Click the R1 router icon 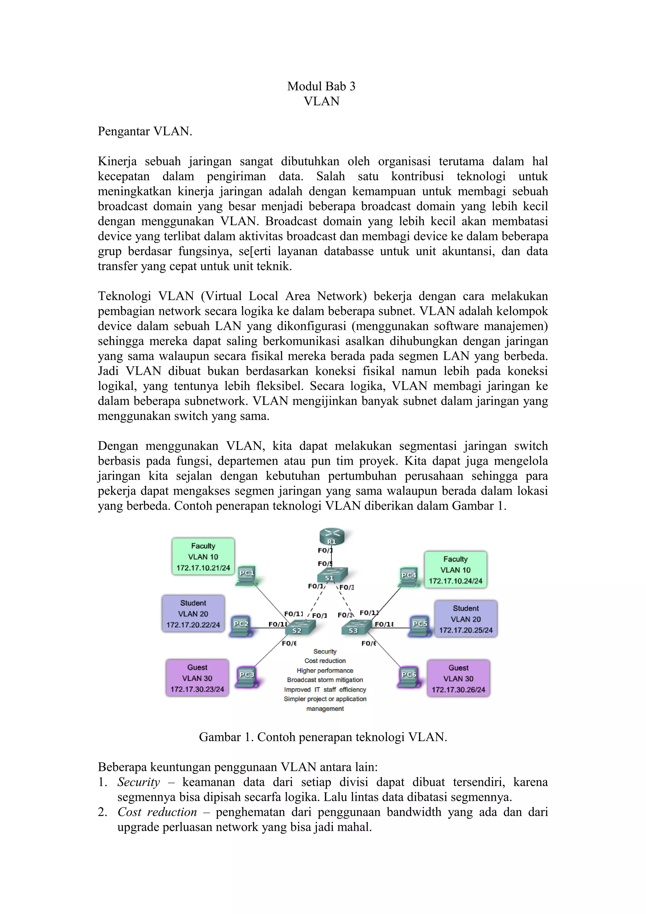(332, 537)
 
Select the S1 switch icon (332, 575)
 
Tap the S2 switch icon (300, 628)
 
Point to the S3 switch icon (356, 628)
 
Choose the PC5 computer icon (420, 627)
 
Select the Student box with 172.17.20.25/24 (466, 619)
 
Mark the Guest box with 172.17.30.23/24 (197, 678)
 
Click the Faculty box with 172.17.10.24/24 (455, 570)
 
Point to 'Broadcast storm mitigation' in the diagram (325, 680)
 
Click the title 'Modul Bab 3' (321, 86)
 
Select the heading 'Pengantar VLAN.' (145, 132)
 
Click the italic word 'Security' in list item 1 (138, 782)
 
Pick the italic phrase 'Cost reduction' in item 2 (157, 812)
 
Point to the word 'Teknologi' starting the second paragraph (124, 296)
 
